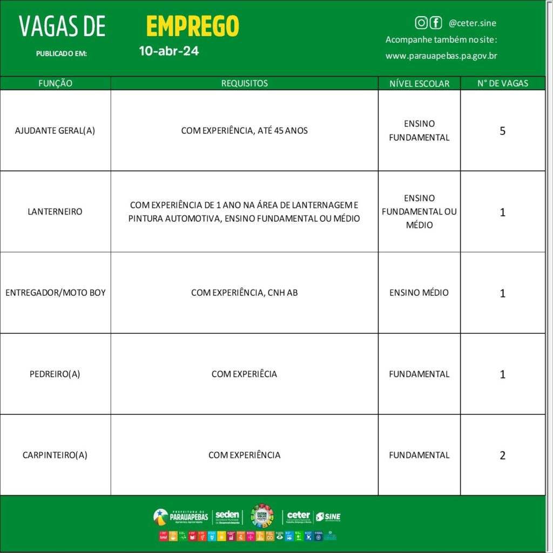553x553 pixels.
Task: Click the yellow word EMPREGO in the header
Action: pos(192,26)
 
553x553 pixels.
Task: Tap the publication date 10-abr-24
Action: pos(168,51)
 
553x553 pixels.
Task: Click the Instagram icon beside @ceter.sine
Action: pos(421,23)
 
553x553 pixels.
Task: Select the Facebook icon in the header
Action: pos(435,23)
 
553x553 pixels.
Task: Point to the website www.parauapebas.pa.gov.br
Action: pos(441,56)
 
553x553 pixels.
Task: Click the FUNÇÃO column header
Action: pos(55,83)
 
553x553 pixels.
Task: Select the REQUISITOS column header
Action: pos(244,83)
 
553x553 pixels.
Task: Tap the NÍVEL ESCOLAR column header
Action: pos(419,84)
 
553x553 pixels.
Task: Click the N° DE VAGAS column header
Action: pos(502,83)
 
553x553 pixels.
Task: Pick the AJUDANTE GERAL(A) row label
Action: pos(55,131)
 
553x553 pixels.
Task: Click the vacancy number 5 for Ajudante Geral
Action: pos(502,131)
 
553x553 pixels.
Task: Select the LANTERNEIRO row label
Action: pos(55,212)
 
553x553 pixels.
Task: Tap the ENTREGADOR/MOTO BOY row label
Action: pos(55,293)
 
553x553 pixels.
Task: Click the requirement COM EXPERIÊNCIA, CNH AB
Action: pos(244,293)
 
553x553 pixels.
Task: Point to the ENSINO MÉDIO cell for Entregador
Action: pos(419,293)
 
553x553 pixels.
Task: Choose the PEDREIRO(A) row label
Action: pos(55,374)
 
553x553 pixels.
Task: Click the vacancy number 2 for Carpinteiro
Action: pos(502,455)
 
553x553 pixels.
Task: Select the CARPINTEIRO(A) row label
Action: pos(55,455)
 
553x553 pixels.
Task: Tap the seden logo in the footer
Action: pos(227,516)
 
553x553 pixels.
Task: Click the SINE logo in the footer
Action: pos(328,517)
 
